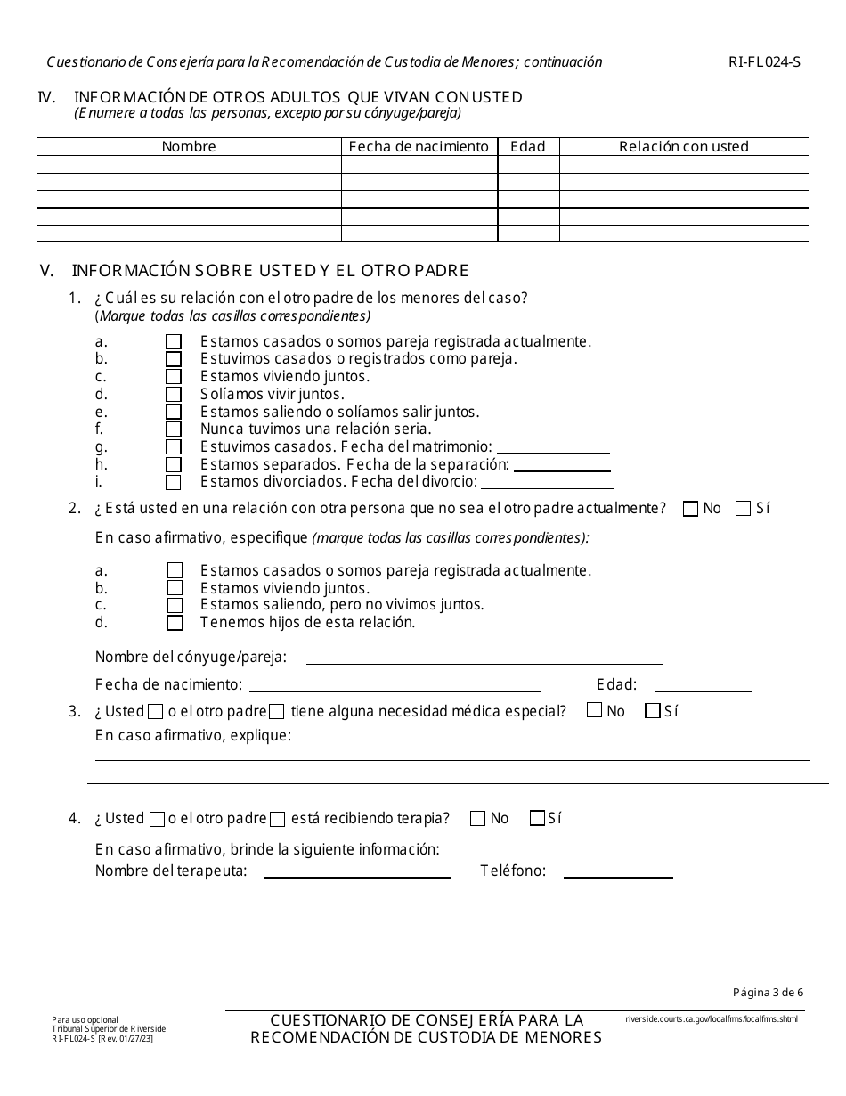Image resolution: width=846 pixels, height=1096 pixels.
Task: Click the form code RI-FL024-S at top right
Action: [x=764, y=62]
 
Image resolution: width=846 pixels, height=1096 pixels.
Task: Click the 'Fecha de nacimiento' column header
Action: [x=419, y=147]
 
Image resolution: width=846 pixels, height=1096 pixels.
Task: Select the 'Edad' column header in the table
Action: [x=528, y=147]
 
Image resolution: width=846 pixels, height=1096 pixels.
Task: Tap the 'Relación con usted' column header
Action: [x=684, y=147]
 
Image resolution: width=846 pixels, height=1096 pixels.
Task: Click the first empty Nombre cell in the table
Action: [x=189, y=165]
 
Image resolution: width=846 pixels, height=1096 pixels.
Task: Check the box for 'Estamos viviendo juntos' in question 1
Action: [x=175, y=377]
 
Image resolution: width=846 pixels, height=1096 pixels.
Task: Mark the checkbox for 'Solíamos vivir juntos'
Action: [x=175, y=395]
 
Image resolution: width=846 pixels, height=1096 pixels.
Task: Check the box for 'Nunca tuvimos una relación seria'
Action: [x=175, y=429]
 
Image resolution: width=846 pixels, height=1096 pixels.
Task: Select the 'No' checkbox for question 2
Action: [x=690, y=509]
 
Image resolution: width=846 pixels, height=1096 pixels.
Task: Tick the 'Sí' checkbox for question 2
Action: [x=743, y=509]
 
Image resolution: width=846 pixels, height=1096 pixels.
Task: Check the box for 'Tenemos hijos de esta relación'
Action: [x=175, y=623]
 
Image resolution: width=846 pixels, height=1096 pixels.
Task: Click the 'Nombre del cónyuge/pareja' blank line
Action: [x=484, y=658]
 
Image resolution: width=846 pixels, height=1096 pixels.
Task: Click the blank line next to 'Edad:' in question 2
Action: [x=703, y=685]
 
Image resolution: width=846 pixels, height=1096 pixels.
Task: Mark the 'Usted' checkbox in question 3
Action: [x=156, y=712]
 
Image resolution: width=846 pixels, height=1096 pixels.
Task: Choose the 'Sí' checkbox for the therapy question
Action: [x=537, y=819]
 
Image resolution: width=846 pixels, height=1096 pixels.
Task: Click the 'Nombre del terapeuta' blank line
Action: [x=357, y=871]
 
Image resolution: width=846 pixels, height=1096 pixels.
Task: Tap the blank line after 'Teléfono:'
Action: [x=618, y=871]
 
